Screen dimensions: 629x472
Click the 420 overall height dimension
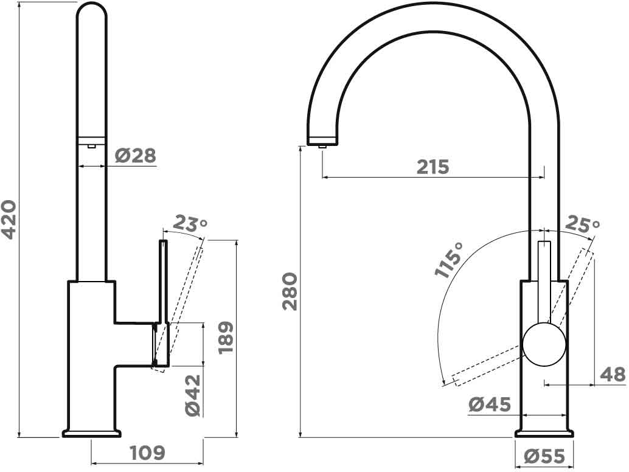(10, 219)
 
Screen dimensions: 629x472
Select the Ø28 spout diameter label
(135, 155)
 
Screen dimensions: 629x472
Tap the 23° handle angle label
(191, 224)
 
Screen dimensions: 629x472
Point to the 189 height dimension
(226, 337)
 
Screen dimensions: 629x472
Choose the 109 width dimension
(148, 453)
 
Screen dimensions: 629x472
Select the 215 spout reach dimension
(433, 167)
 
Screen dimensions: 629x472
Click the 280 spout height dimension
(290, 291)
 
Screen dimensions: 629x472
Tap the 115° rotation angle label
(449, 260)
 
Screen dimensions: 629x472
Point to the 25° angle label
(582, 225)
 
